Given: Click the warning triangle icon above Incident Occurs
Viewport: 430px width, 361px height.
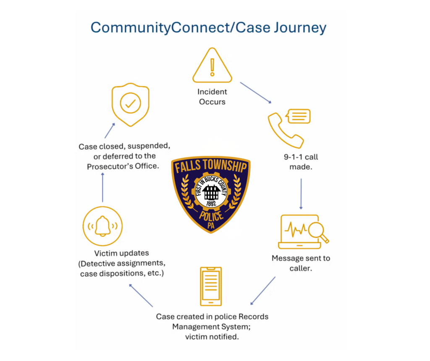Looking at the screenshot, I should coord(212,66).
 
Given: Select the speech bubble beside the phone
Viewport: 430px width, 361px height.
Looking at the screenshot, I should coord(298,116).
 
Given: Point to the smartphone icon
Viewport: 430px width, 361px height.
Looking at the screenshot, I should coord(211,287).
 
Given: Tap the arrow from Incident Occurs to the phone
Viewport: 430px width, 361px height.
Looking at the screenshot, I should coord(256,93).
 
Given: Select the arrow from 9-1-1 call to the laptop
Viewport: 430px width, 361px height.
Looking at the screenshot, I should coord(301,194).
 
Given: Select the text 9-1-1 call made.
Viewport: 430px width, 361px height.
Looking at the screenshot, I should coord(301,162).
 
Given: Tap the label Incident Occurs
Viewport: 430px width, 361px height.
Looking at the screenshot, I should coord(212,97).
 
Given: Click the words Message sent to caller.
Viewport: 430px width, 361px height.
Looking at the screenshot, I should coord(301,263).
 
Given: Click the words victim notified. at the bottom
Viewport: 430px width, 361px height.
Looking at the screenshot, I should coord(212,337).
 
